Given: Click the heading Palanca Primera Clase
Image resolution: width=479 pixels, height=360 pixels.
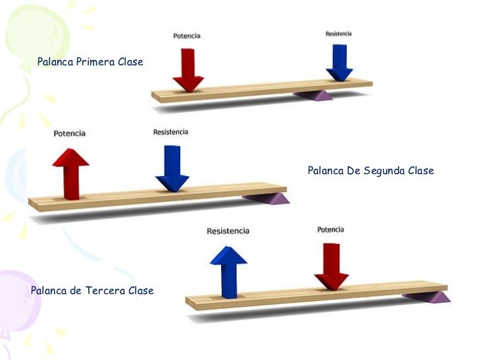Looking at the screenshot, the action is pos(90,62).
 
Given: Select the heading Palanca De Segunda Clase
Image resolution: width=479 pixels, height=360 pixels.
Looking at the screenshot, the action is pos(370,171).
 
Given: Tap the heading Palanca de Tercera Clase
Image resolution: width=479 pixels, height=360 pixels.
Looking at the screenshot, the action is pos(92,290).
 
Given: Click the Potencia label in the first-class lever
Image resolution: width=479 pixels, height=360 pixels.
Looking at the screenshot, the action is pos(187,36).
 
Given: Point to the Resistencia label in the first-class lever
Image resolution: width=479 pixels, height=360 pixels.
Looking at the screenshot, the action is pos(338,34).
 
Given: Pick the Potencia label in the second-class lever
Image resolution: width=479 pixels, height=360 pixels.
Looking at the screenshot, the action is pos(69,133).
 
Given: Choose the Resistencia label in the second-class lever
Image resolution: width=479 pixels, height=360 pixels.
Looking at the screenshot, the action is pos(170,132).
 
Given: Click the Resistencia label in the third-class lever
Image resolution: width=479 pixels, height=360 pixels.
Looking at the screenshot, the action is pos(228,231).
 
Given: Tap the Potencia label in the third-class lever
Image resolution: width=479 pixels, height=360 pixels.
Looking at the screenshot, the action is pos(330,229).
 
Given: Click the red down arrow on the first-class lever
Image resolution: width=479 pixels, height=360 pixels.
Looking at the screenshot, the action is pos(188,70).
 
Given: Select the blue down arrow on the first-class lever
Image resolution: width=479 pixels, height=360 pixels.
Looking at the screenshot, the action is pos(340,63).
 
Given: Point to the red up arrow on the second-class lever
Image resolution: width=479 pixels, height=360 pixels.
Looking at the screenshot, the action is pos(71,174).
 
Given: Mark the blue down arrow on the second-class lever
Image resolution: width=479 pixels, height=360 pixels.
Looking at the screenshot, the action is pos(172,169).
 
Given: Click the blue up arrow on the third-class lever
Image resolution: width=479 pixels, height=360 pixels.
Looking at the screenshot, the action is pos(228,272).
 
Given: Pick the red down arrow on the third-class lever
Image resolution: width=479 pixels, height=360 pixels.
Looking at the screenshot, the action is pos(332,266).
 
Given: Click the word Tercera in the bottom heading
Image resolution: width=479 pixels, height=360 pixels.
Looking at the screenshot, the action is pos(105,290).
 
